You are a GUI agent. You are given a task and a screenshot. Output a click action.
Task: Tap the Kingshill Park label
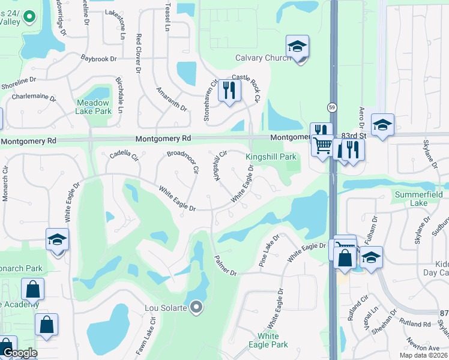pyautogui.click(x=271, y=157)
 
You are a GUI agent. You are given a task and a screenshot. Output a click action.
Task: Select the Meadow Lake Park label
pyautogui.click(x=94, y=107)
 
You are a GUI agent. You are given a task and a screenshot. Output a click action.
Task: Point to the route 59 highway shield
pyautogui.click(x=331, y=107)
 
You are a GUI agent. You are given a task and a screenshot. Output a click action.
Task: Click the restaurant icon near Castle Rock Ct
pyautogui.click(x=229, y=91)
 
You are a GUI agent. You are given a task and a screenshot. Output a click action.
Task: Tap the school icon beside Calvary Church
pyautogui.click(x=297, y=47)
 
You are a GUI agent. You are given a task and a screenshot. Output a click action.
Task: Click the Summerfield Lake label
pyautogui.click(x=419, y=199)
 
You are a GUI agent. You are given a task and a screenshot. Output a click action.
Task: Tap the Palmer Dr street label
pyautogui.click(x=226, y=265)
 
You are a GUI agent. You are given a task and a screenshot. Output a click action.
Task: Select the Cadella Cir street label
pyautogui.click(x=124, y=157)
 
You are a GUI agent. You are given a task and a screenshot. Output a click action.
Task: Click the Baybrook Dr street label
pyautogui.click(x=98, y=59)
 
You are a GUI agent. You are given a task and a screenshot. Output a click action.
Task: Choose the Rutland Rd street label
pyautogui.click(x=418, y=325)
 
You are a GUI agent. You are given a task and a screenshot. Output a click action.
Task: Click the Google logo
pyautogui.click(x=19, y=353)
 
